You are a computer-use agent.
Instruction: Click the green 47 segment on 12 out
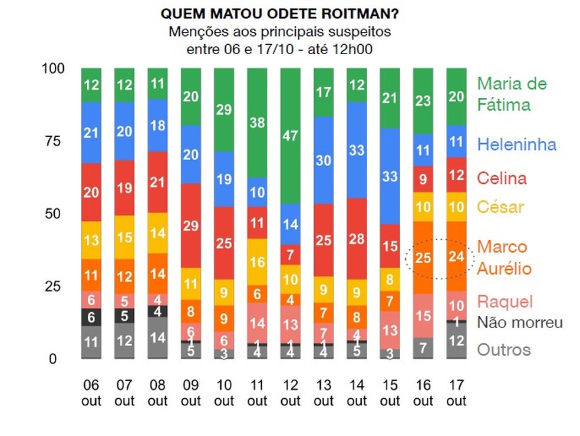(x=290, y=136)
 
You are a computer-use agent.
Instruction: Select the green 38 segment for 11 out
(x=257, y=123)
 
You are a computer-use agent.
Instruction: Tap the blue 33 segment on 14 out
(x=357, y=150)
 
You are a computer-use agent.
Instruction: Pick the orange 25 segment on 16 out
(x=423, y=257)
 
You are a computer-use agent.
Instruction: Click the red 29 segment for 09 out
(x=190, y=226)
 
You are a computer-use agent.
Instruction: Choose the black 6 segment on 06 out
(x=91, y=316)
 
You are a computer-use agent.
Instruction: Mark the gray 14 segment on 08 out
(x=157, y=338)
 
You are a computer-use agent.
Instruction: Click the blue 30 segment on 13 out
(x=324, y=160)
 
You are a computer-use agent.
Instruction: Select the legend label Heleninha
(x=516, y=144)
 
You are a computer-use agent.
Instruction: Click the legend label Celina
(x=502, y=178)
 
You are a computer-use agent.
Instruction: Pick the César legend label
(x=500, y=207)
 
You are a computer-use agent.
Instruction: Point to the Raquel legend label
(x=505, y=302)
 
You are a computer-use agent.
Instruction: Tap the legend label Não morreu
(x=520, y=322)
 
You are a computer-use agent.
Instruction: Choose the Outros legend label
(x=503, y=349)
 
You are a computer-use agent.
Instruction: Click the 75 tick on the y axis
(x=52, y=141)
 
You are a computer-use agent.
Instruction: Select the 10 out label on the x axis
(x=224, y=392)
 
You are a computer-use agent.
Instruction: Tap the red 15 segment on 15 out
(x=390, y=246)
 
